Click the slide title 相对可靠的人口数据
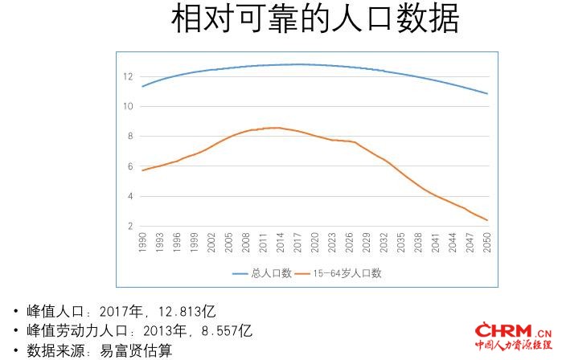point(314,19)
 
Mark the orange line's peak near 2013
point(275,128)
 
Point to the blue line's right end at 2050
point(486,93)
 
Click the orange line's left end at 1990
point(142,170)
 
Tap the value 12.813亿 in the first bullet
point(190,310)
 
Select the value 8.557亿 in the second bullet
point(225,330)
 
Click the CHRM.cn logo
point(512,330)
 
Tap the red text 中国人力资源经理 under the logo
point(512,346)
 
